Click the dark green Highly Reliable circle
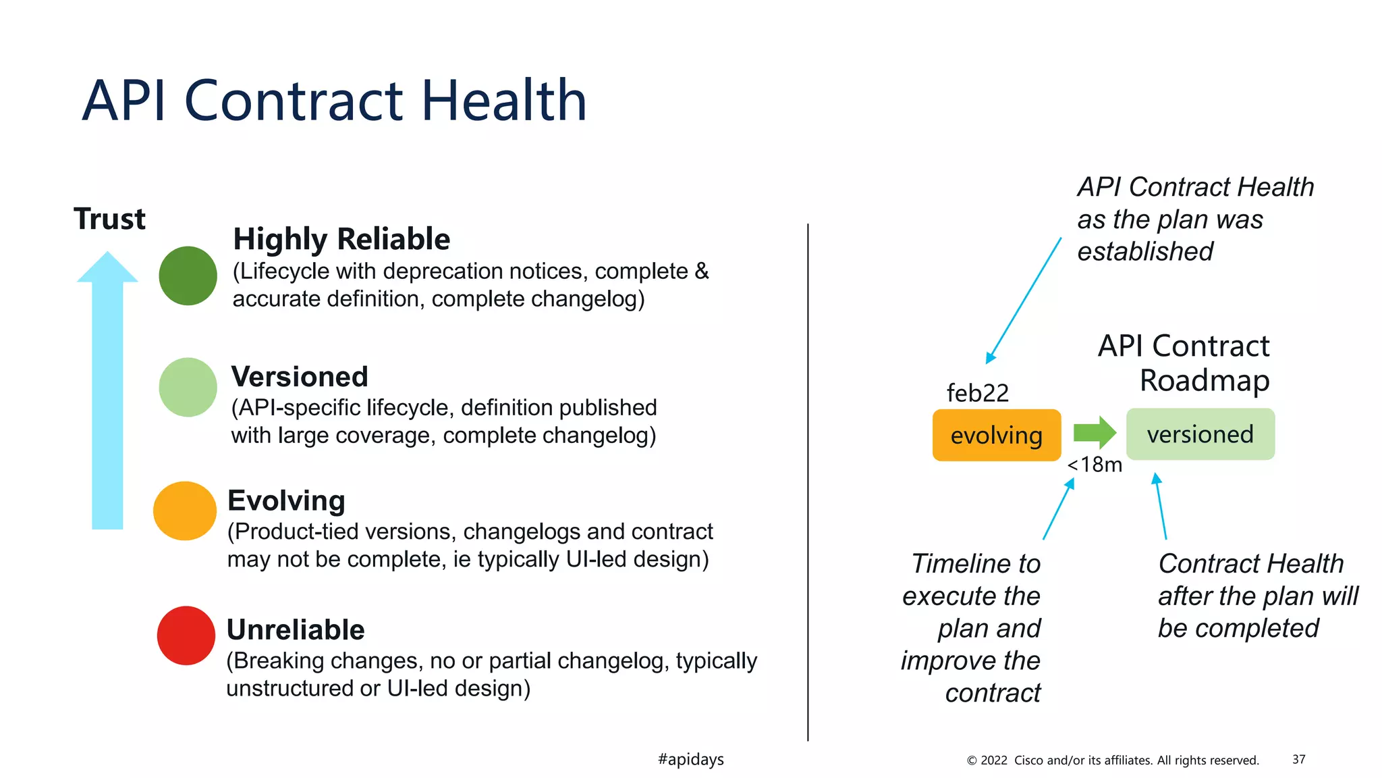tap(188, 276)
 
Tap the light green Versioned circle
tap(188, 387)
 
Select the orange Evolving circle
tap(184, 511)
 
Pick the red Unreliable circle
tap(186, 636)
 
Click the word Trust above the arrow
tap(109, 219)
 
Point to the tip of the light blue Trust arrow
tap(107, 255)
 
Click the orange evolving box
tap(996, 436)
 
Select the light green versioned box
tap(1200, 434)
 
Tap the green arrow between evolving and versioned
tap(1094, 432)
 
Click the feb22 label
tap(977, 393)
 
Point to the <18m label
tap(1095, 465)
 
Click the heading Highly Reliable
tap(341, 239)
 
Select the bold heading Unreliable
tap(296, 629)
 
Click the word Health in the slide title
tap(504, 101)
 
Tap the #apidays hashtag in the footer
tap(690, 759)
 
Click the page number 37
tap(1298, 759)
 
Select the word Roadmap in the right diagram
tap(1204, 381)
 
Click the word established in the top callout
tap(1145, 251)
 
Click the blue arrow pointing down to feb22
tap(1024, 300)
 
